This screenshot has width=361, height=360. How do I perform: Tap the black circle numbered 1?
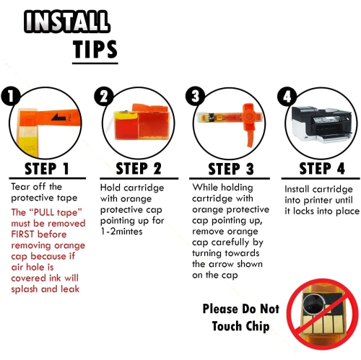point(9,97)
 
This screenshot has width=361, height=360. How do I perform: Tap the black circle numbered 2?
point(105,97)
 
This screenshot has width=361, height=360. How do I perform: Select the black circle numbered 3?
point(193,97)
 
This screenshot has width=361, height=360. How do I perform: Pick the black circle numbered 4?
point(286,97)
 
